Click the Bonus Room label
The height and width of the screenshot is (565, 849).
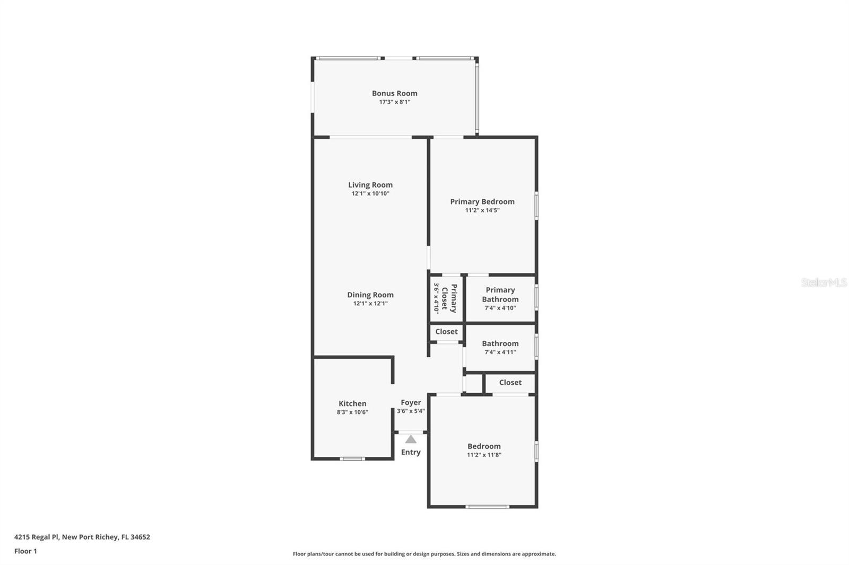394,93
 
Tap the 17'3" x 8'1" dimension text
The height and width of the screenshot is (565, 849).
394,102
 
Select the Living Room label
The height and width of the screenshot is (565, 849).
370,185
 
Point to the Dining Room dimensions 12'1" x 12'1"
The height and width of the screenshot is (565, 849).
370,304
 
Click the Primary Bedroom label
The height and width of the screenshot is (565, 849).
482,201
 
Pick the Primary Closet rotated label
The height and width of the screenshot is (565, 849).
449,298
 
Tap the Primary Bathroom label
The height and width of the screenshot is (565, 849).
500,294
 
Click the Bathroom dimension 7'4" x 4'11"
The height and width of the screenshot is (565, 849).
500,352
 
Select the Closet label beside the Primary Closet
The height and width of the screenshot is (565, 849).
446,332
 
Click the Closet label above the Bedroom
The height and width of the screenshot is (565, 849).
510,383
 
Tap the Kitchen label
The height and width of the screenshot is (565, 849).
352,403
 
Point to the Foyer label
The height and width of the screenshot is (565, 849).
411,403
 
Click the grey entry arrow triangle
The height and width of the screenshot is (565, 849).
411,439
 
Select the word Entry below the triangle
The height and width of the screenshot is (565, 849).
411,452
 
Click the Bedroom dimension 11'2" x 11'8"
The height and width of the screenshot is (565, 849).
484,455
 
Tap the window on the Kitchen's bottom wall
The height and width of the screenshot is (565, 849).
352,458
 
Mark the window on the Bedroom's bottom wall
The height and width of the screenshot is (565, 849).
487,507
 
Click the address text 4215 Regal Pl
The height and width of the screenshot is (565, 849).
37,537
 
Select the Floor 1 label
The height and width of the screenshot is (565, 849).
25,551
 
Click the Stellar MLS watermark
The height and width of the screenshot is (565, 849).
824,282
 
